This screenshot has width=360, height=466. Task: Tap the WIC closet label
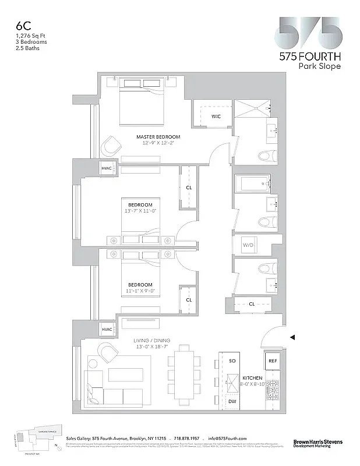click(216, 116)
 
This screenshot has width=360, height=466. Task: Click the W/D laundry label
click(248, 245)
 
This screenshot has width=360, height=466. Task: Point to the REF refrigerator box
click(273, 361)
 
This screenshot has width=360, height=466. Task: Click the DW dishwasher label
click(232, 401)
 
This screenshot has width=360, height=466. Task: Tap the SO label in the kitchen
click(232, 361)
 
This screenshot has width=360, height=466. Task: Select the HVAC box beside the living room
click(107, 330)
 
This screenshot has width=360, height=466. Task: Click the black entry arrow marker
click(293, 337)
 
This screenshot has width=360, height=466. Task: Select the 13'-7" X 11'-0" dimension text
click(140, 211)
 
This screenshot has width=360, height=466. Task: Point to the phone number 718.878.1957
click(188, 438)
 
